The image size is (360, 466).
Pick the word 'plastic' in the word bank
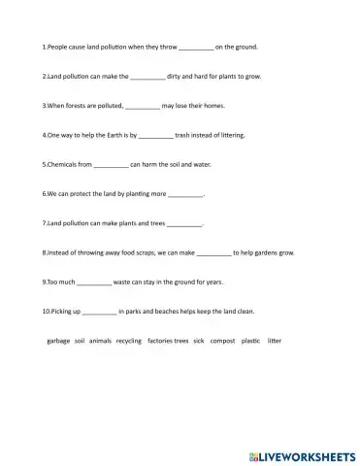coord(250,342)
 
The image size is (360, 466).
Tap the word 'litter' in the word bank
coord(275,342)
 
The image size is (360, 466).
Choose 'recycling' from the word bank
coord(129,342)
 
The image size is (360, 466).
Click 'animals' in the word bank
coord(100,342)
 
